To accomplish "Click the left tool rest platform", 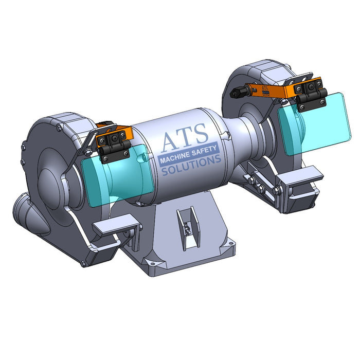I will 115,225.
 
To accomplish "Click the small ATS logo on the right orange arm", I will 264,91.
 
